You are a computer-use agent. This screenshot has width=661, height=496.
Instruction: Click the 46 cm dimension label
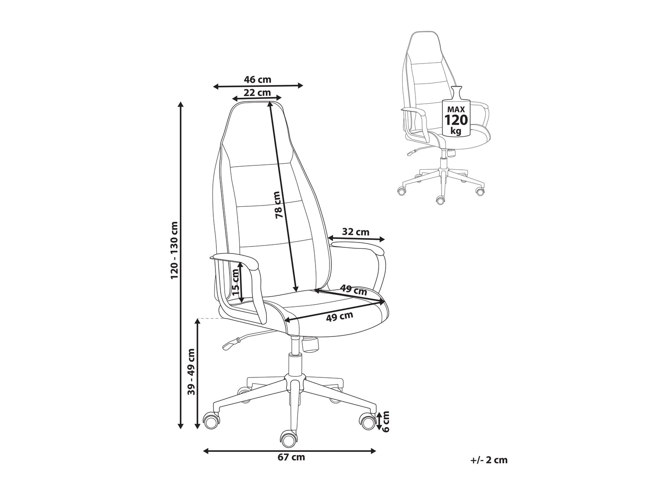(x=258, y=80)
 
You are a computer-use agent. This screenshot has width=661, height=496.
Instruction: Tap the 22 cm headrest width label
(x=257, y=93)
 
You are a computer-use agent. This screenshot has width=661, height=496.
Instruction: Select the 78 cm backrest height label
(x=277, y=205)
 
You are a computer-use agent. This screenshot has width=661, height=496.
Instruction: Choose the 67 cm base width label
(x=291, y=457)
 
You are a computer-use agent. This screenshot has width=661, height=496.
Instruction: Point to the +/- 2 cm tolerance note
(x=489, y=460)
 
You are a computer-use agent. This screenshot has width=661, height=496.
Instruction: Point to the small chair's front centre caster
(x=439, y=200)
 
